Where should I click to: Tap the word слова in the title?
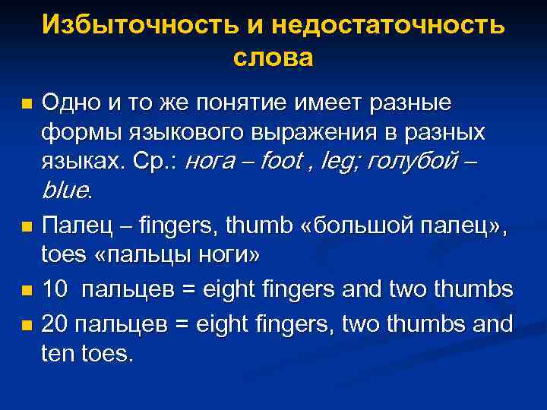pyautogui.click(x=273, y=57)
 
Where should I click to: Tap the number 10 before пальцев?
pyautogui.click(x=55, y=290)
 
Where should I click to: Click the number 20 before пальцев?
pyautogui.click(x=55, y=323)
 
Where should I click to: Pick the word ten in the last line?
pyautogui.click(x=58, y=353)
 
